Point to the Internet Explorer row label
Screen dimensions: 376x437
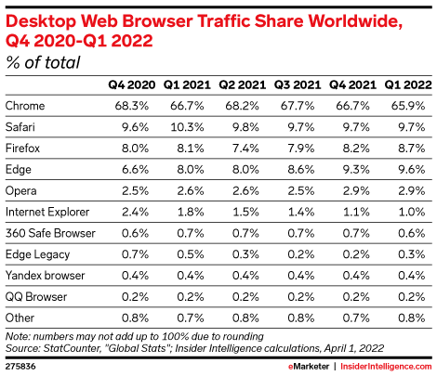[x=46, y=211]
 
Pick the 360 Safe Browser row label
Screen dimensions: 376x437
[x=49, y=232]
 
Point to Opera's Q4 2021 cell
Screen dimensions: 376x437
[x=357, y=190]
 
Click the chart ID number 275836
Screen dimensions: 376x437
[x=20, y=367]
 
